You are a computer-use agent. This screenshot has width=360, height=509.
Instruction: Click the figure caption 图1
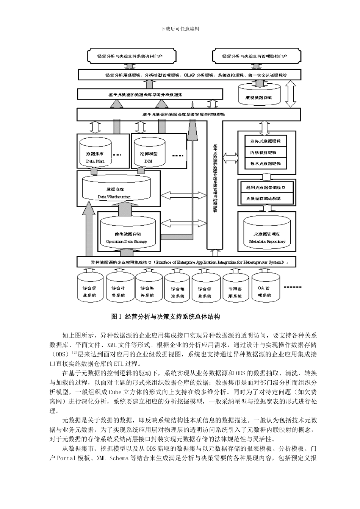point(115,317)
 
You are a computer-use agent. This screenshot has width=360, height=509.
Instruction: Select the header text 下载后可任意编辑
point(180,29)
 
